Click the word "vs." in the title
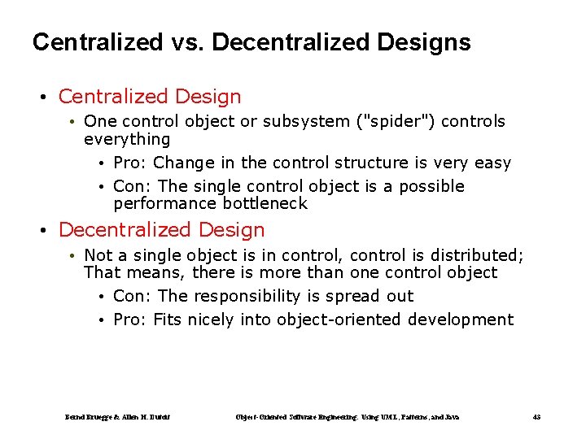(186, 42)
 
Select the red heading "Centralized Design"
(150, 97)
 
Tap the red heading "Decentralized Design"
(161, 230)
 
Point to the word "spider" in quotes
(388, 122)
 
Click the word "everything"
(127, 139)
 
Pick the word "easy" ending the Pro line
(492, 163)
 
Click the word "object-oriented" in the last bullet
(339, 319)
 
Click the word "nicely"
(212, 319)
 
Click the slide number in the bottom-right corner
(536, 417)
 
